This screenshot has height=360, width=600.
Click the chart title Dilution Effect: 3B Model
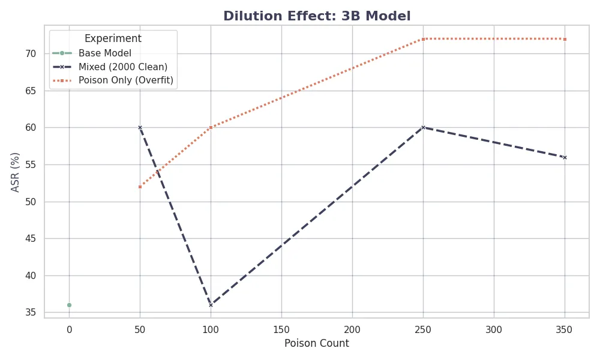(317, 16)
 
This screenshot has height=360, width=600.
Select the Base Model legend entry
(105, 53)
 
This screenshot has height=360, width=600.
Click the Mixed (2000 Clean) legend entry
(123, 67)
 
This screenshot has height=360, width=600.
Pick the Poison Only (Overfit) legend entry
(126, 80)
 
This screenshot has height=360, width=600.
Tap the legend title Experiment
(113, 38)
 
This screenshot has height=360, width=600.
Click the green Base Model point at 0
(69, 305)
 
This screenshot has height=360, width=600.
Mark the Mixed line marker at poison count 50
(140, 127)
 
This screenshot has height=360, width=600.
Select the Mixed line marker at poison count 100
(211, 305)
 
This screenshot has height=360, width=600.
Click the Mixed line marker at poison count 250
(423, 127)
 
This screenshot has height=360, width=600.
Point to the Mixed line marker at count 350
(565, 157)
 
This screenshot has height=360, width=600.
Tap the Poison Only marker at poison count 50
(140, 187)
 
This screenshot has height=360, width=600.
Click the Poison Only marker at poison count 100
(211, 127)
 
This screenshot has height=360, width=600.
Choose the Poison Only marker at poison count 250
(423, 39)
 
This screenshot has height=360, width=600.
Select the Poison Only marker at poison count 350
(565, 39)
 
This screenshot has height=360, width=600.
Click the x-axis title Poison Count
(316, 344)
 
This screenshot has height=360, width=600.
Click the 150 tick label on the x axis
(281, 329)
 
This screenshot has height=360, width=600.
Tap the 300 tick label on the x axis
(494, 329)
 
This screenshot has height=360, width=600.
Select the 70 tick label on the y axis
(31, 53)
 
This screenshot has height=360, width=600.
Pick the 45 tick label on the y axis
(31, 238)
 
